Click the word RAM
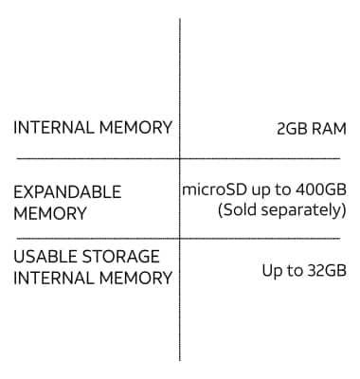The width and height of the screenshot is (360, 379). (325, 128)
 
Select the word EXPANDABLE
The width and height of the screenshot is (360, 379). (67, 191)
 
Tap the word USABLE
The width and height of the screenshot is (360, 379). (44, 257)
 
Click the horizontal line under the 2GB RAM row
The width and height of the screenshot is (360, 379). (95, 158)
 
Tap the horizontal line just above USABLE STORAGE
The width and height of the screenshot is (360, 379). (95, 238)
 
